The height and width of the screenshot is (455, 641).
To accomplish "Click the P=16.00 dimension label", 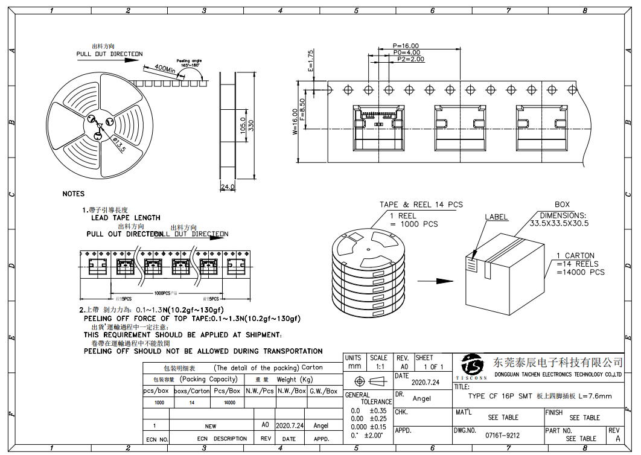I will tap(405, 46).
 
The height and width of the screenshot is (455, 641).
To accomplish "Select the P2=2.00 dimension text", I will tap(410, 59).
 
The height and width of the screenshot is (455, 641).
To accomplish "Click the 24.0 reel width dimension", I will tap(228, 187).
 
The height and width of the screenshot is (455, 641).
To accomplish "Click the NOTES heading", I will tap(74, 194).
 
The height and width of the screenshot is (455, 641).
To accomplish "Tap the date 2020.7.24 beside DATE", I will tap(425, 382).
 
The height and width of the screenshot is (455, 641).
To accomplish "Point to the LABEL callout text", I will tap(496, 217).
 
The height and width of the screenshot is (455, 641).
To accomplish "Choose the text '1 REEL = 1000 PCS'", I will tap(413, 220).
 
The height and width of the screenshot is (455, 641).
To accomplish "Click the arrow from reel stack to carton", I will tap(435, 281).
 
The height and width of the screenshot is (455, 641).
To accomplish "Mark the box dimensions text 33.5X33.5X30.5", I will tap(559, 223).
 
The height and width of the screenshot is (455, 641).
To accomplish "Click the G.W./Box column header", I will tap(324, 390).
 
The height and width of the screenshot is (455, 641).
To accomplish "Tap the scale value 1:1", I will tap(380, 366).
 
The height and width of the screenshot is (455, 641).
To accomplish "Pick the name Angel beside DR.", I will tap(422, 398).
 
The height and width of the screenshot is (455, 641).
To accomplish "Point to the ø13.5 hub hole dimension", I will tap(118, 145).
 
